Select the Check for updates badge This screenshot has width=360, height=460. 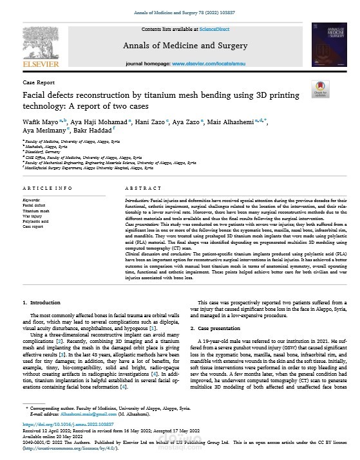tap(320, 91)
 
